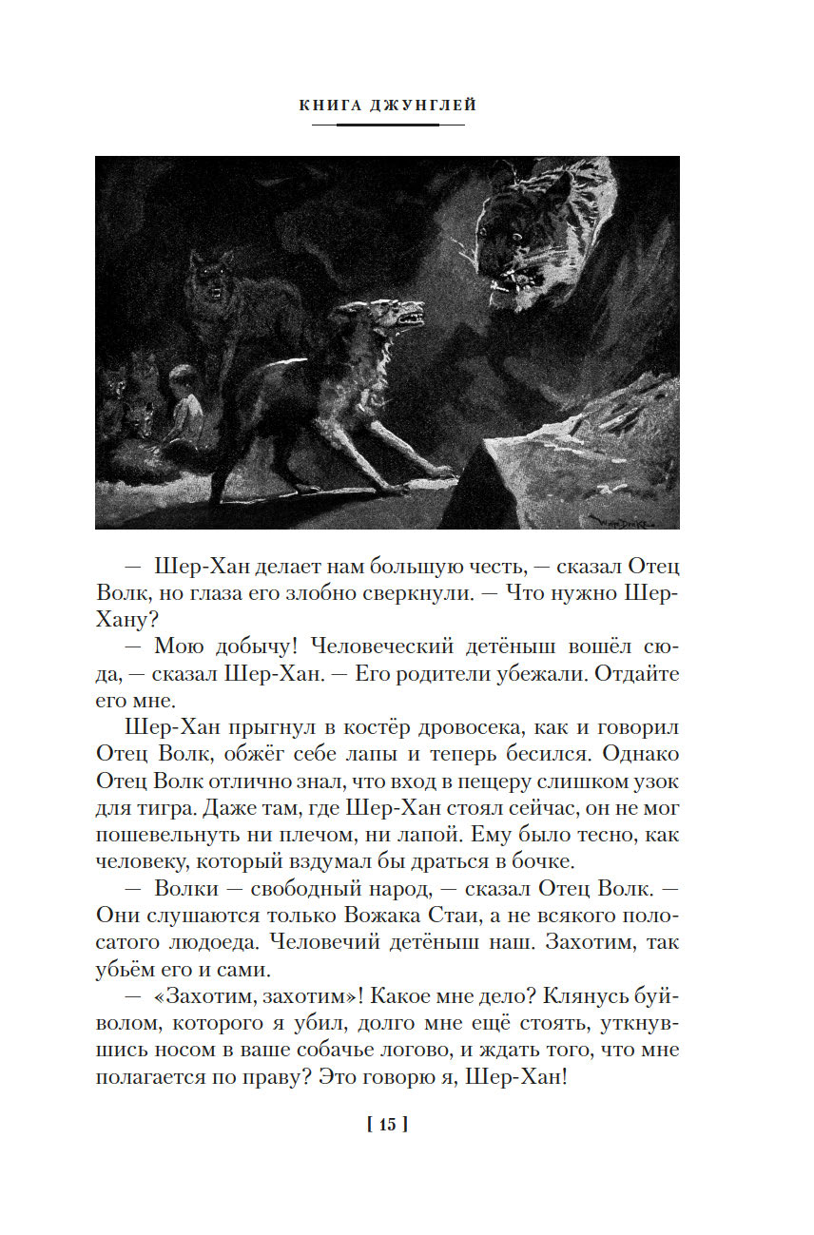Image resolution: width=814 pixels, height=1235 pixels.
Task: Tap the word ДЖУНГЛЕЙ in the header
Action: point(423,106)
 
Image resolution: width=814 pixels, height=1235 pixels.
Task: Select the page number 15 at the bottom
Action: point(387,1125)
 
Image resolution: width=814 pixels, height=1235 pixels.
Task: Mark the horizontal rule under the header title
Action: point(387,125)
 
